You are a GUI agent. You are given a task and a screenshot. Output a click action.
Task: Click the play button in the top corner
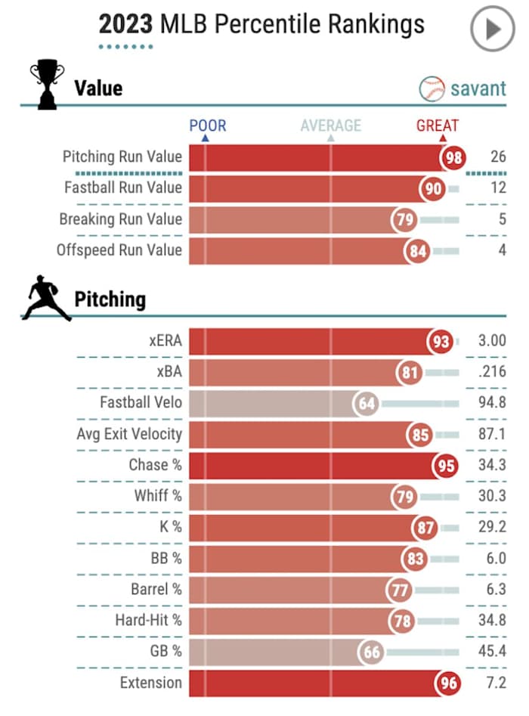492,29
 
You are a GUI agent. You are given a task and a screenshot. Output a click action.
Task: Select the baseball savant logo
462,88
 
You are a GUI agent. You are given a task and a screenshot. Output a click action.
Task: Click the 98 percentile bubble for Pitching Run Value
453,157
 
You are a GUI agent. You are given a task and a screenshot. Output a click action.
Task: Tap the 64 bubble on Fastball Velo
367,403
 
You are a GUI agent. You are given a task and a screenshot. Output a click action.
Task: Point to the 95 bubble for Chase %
445,465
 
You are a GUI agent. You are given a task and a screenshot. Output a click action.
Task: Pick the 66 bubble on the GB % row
371,652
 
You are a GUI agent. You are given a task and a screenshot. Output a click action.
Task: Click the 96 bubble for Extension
448,683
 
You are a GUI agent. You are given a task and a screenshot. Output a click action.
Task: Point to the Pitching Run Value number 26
497,157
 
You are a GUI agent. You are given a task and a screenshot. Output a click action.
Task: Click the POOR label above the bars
208,126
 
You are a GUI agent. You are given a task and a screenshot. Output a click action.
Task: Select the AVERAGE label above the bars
331,126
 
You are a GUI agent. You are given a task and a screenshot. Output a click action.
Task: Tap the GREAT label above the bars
438,126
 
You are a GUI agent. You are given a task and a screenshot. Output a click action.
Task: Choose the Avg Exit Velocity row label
129,434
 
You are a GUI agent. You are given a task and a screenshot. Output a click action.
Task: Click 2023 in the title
126,24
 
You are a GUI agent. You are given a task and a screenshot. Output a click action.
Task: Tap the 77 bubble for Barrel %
398,590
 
